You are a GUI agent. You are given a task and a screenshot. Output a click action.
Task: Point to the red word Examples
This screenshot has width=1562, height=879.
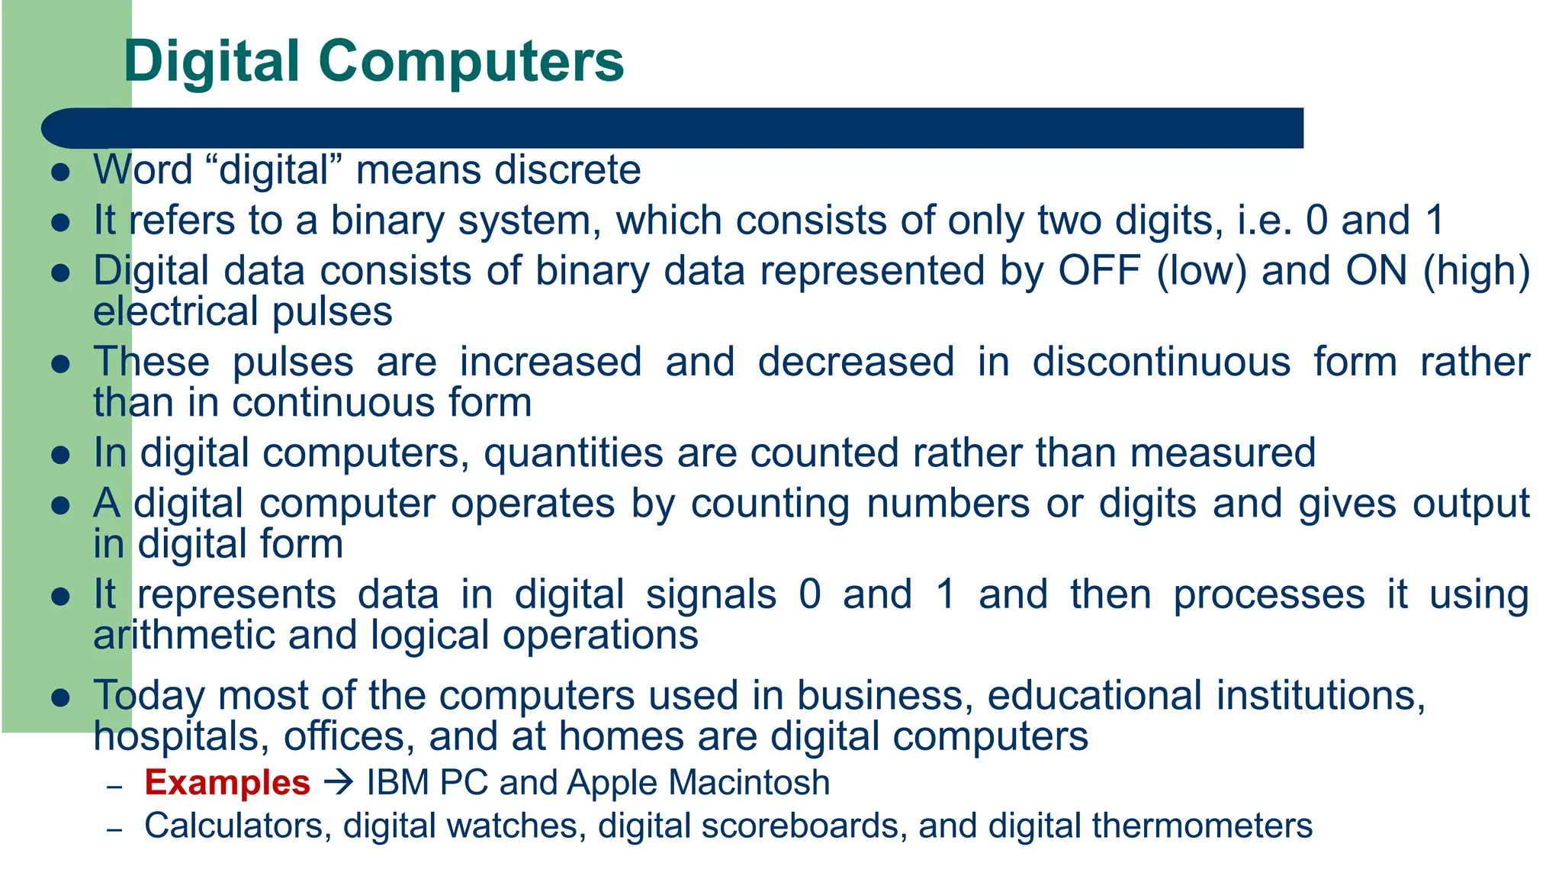(x=227, y=783)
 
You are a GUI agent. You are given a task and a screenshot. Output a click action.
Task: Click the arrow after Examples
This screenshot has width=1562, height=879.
(x=338, y=783)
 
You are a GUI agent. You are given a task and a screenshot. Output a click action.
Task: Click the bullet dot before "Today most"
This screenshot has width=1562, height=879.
(x=60, y=697)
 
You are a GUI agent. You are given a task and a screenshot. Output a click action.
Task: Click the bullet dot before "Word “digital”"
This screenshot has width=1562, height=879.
(x=60, y=172)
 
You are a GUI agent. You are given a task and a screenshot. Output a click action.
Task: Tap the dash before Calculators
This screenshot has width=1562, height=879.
(x=115, y=829)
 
